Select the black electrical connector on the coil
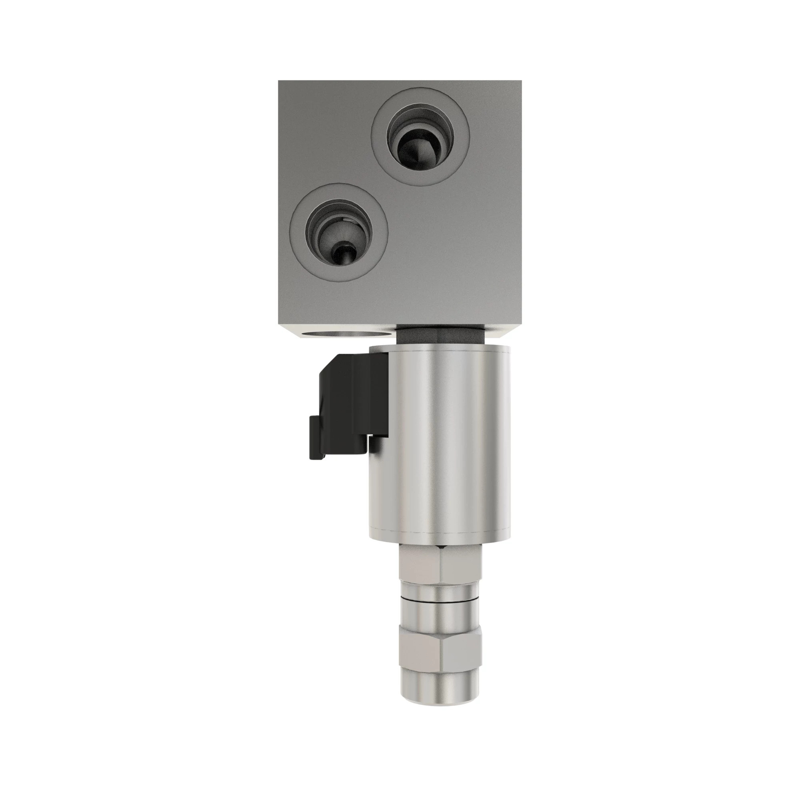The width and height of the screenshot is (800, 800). [352, 408]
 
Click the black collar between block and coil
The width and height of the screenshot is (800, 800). [440, 334]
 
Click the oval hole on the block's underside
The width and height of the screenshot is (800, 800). [347, 333]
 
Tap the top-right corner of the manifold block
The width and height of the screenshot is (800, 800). [520, 82]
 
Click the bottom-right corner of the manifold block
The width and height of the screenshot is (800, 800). [520, 336]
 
